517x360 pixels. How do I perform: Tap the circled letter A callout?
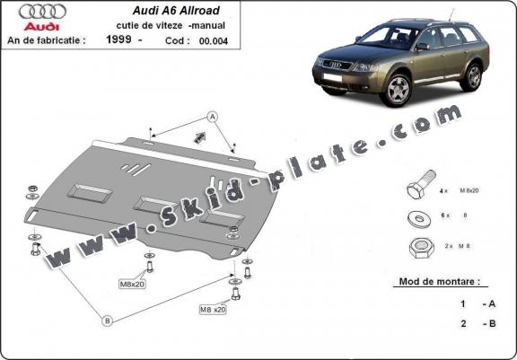pyautogui.click(x=213, y=116)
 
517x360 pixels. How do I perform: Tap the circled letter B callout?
pyautogui.click(x=107, y=319)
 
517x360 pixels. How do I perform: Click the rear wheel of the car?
pyautogui.click(x=471, y=76)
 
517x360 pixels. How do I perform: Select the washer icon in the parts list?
pyautogui.click(x=418, y=216)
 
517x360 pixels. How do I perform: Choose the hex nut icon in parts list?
pyautogui.click(x=417, y=244)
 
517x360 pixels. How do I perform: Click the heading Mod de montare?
pyautogui.click(x=443, y=282)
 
